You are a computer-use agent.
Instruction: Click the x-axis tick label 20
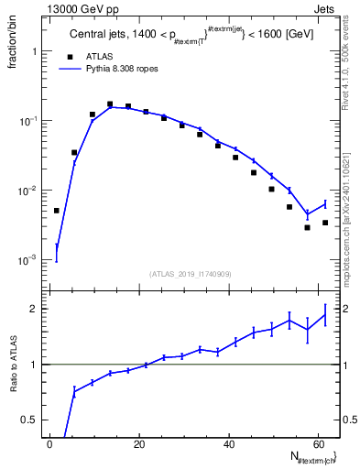pos(139,443)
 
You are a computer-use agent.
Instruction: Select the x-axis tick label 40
pos(229,443)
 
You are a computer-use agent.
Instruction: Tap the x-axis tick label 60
pos(318,443)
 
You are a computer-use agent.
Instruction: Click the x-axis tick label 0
pos(50,443)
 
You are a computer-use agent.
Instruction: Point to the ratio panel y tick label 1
pos(33,365)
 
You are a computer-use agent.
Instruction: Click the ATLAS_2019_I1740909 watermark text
pos(191,273)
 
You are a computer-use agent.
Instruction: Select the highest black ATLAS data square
pos(110,104)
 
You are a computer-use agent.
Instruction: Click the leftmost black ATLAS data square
pos(56,211)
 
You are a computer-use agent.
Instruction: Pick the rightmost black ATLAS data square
pos(325,223)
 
